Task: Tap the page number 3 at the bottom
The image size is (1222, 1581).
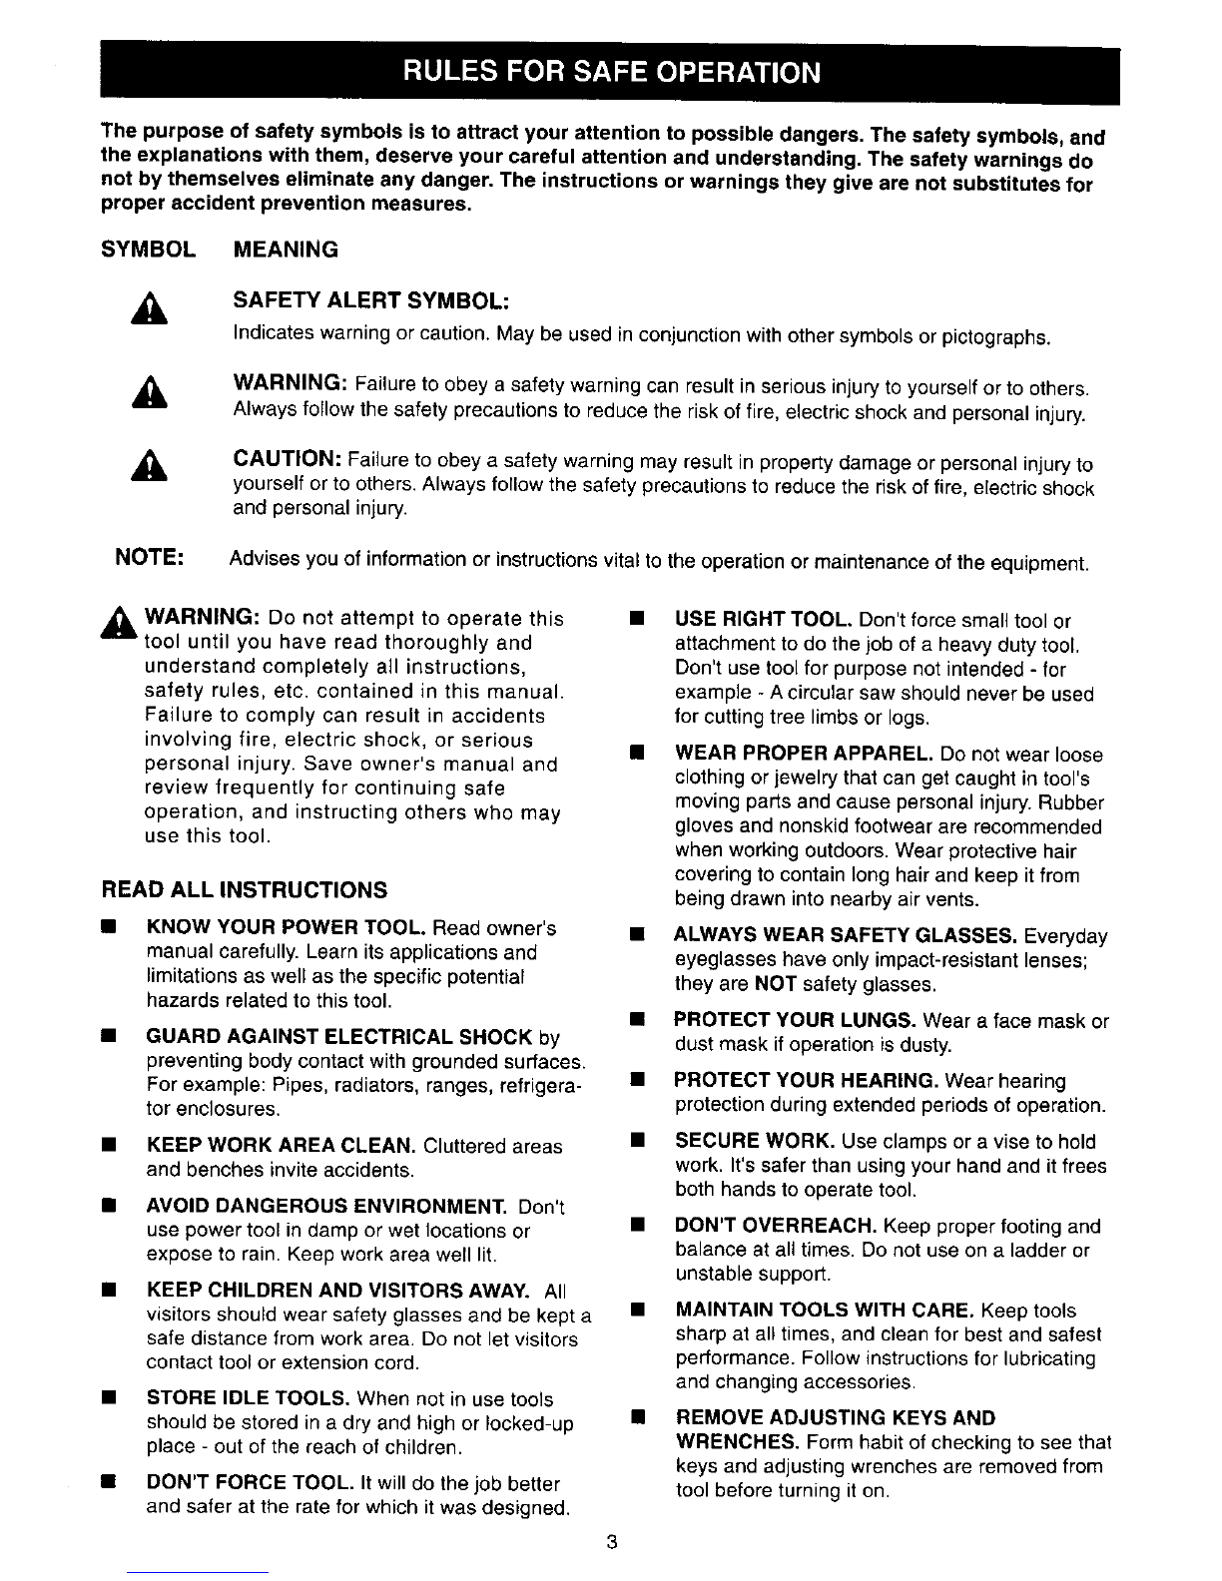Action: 611,1543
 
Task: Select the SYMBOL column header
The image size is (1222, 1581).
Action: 150,250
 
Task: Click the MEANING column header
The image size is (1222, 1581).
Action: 286,250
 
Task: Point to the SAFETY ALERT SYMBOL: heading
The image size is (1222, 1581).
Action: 372,302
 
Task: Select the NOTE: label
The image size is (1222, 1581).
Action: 150,556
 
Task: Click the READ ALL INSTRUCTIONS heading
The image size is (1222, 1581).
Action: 245,889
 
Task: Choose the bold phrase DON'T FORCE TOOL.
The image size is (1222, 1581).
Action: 254,1483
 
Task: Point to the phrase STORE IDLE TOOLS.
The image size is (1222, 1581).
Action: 248,1399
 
